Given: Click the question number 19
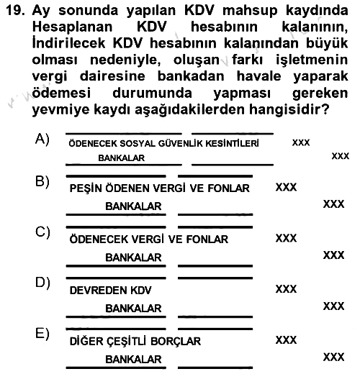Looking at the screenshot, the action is point(16,10).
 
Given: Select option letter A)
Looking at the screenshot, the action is point(42,139).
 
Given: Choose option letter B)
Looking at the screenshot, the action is point(42,181).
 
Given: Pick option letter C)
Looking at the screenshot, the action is point(42,232).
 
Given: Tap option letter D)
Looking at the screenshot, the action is point(42,283).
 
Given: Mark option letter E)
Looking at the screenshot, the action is point(42,334).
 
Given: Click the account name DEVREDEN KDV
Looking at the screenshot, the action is point(110,291).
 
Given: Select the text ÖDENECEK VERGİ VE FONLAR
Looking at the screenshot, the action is point(149,239).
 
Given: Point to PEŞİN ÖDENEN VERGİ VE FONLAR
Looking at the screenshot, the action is point(159,188).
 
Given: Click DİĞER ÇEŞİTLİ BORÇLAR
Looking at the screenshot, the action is point(135,341).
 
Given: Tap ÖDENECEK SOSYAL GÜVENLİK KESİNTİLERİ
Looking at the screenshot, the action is point(163,143).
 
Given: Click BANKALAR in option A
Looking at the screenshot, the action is point(122,158).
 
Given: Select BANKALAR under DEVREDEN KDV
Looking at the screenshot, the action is point(133,309).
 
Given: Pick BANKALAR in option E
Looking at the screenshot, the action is point(133,360).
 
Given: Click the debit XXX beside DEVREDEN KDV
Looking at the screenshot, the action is point(286,289).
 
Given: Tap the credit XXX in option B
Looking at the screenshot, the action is point(333,204).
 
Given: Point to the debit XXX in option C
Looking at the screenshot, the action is point(286,238).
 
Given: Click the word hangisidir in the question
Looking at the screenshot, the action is point(289,109).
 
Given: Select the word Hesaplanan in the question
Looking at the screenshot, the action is point(72,27).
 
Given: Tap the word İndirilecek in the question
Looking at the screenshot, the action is point(68,42).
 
